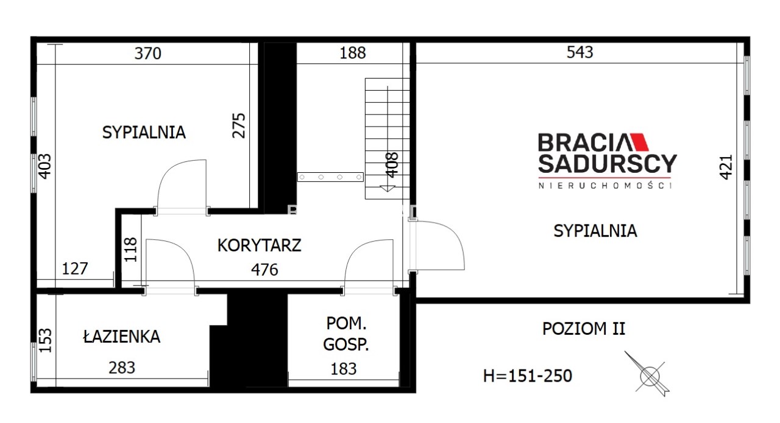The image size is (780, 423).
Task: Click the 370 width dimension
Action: pos(148,54)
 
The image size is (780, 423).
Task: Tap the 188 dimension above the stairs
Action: pos(353,53)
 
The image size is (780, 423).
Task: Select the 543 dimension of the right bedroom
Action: pos(580,52)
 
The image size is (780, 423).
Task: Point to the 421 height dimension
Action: pos(726,167)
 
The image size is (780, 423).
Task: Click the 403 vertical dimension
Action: pos(44,167)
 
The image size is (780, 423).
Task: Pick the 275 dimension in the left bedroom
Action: pos(239,125)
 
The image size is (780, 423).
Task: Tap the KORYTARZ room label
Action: pos(260,246)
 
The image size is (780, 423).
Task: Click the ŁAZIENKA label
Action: pos(121,336)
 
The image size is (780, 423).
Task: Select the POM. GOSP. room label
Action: pos(346,334)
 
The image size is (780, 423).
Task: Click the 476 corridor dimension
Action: pos(264,270)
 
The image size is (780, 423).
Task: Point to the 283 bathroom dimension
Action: pos(122,368)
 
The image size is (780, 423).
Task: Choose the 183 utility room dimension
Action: pos(344,369)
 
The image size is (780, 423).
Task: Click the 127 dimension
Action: pos(75,269)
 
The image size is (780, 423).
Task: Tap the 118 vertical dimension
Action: pos(130,250)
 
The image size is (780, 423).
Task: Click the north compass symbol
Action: pos(648,374)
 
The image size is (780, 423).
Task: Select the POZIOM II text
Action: pos(584,329)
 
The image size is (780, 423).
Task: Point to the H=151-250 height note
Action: pos(528,376)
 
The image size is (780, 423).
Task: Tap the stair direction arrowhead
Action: pos(387,189)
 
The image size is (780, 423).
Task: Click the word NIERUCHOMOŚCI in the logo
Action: pos(605,186)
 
